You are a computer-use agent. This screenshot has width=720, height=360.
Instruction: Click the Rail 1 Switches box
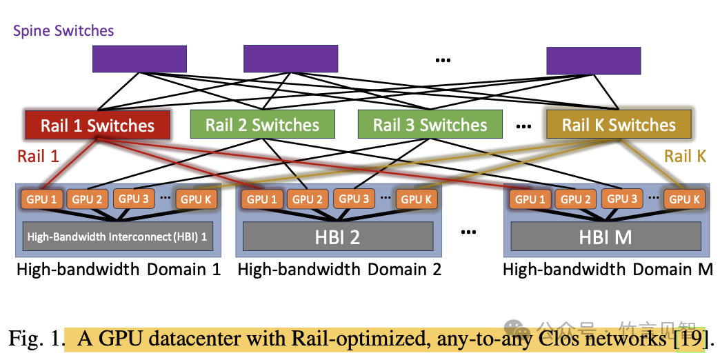(x=97, y=126)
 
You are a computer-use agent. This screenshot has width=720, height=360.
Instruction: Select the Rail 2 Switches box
(x=262, y=125)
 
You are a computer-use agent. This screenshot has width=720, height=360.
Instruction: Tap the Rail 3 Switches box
(x=430, y=125)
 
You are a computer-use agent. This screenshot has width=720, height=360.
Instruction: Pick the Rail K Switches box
(x=619, y=125)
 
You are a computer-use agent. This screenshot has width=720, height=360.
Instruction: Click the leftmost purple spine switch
(x=139, y=59)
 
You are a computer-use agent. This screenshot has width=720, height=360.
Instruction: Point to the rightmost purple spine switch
(x=594, y=60)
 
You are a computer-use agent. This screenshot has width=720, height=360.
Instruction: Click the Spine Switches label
(x=63, y=31)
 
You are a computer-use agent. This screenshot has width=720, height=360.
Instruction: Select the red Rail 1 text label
(x=38, y=157)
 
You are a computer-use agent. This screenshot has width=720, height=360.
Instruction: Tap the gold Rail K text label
(x=685, y=157)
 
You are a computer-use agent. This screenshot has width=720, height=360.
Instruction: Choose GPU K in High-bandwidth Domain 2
(x=415, y=199)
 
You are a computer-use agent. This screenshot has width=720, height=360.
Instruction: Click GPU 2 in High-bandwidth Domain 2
(x=308, y=199)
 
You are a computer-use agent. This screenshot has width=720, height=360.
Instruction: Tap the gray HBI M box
(x=604, y=237)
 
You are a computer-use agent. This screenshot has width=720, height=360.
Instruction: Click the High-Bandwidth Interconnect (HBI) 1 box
(x=117, y=237)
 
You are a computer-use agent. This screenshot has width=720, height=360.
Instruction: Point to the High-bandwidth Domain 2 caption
(x=339, y=269)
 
